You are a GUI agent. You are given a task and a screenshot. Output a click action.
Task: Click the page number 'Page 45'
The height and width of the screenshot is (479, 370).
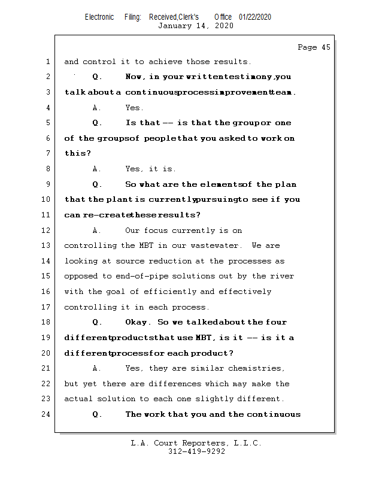pyautogui.click(x=314, y=47)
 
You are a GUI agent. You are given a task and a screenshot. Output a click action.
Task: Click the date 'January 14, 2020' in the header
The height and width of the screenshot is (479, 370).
pyautogui.click(x=196, y=26)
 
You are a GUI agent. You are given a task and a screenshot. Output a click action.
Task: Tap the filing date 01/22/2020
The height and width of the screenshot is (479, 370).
pyautogui.click(x=255, y=17)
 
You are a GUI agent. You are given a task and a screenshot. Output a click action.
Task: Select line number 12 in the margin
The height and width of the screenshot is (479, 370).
pyautogui.click(x=47, y=231)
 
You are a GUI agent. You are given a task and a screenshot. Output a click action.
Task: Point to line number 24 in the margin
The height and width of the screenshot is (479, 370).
pyautogui.click(x=47, y=414)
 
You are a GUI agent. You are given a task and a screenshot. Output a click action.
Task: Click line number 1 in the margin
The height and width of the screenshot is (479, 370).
pyautogui.click(x=47, y=62)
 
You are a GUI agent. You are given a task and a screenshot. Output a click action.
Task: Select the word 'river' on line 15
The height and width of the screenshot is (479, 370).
pyautogui.click(x=283, y=276)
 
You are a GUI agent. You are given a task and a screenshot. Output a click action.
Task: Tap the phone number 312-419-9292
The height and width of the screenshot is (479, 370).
pyautogui.click(x=196, y=452)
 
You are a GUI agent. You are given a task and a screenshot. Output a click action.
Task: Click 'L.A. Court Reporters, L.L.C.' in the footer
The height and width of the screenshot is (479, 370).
pyautogui.click(x=196, y=444)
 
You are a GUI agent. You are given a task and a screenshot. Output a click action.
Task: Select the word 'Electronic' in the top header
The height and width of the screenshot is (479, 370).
pyautogui.click(x=99, y=17)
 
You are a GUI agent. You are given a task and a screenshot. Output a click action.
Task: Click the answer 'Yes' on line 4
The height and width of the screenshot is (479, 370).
pyautogui.click(x=134, y=108)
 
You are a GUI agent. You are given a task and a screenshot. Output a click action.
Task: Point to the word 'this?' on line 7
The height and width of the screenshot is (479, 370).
pyautogui.click(x=78, y=154)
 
